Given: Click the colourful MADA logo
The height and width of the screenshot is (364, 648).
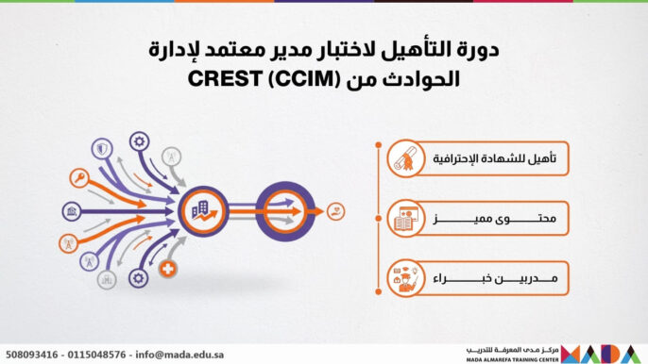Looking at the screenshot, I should pos(604,354).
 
